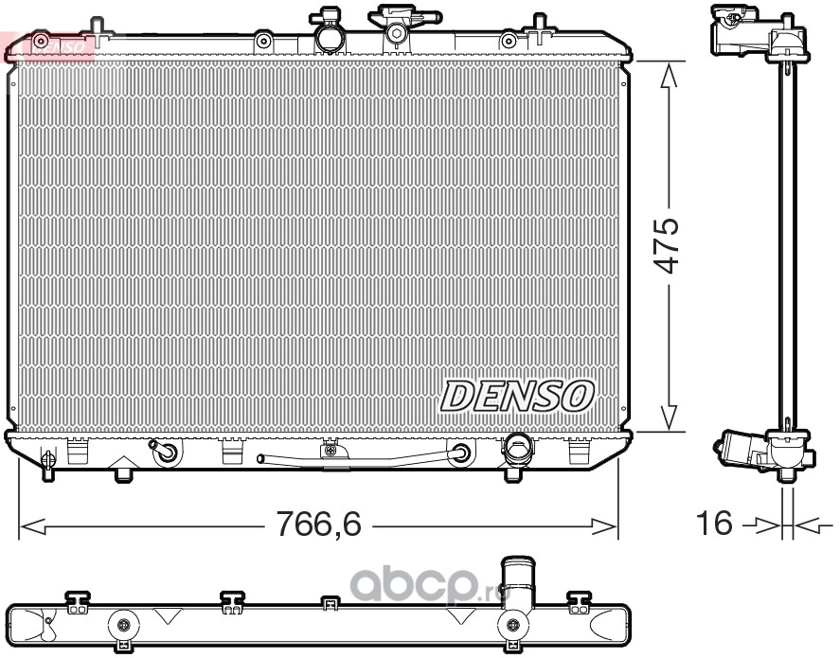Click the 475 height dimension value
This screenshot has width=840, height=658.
(x=668, y=245)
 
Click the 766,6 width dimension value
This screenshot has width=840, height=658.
(x=318, y=524)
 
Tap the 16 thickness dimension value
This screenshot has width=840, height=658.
(x=714, y=523)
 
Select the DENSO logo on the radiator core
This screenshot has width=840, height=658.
(x=517, y=396)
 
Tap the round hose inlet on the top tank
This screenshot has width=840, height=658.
(x=328, y=35)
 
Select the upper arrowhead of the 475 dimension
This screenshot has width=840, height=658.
(x=668, y=74)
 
